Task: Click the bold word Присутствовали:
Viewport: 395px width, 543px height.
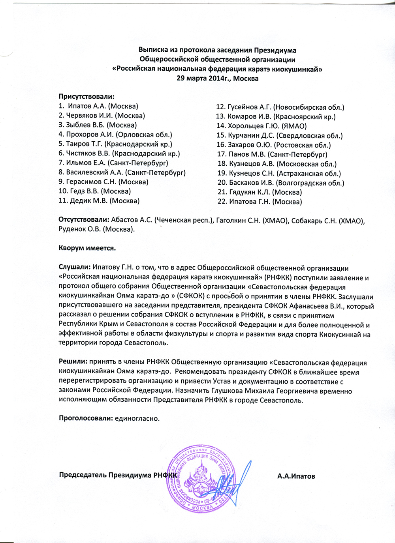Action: (87, 97)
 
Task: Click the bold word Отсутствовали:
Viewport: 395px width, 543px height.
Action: (84, 220)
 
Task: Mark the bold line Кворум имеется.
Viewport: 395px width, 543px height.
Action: (87, 248)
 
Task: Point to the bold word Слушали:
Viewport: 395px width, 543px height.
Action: (75, 268)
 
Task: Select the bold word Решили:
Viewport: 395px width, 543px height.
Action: (73, 362)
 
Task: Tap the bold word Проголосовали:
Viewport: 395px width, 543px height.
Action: (86, 418)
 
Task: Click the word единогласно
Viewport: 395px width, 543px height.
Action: (137, 418)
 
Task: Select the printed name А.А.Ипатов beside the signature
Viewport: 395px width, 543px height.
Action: (296, 476)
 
